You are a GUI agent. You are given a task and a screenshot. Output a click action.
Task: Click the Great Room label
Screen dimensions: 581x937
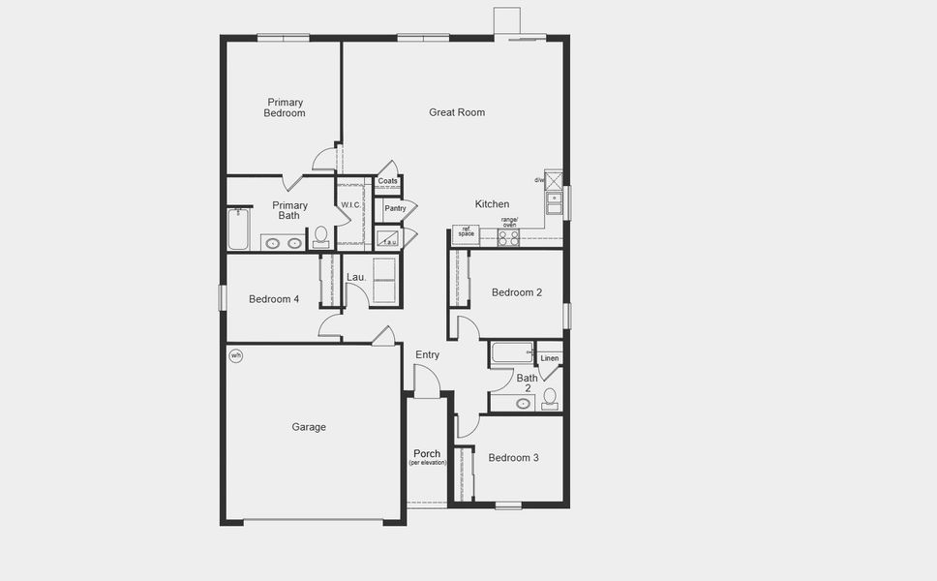(457, 112)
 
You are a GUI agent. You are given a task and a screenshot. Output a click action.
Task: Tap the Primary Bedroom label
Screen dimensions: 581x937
(285, 107)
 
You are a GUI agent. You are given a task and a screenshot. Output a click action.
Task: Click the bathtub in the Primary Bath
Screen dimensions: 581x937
(238, 229)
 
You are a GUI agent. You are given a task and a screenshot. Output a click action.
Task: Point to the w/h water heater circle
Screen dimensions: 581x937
(235, 355)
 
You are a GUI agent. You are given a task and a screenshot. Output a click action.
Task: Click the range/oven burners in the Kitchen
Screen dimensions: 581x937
(508, 237)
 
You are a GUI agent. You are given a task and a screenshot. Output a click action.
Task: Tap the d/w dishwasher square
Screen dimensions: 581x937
(554, 180)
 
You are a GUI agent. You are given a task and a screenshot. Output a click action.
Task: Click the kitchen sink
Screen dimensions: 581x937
(554, 203)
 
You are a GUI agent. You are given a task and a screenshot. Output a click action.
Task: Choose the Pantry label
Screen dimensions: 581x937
(395, 208)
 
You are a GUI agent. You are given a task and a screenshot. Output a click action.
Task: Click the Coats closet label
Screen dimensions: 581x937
(387, 181)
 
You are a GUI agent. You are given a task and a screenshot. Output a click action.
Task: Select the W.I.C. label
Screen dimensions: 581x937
(349, 205)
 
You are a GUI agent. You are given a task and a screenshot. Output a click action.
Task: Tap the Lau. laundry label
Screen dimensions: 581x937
(355, 278)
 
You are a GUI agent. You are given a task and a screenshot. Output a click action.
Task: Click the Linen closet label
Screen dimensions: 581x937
(550, 358)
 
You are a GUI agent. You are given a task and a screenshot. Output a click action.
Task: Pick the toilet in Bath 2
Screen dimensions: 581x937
(549, 397)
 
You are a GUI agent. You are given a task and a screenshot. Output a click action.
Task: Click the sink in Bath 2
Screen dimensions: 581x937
(524, 402)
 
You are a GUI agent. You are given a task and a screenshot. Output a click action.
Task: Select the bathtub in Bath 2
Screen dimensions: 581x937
(511, 352)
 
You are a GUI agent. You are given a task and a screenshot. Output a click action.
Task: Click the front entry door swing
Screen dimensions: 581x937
(427, 383)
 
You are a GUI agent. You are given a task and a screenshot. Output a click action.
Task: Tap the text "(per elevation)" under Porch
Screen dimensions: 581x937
(427, 463)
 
